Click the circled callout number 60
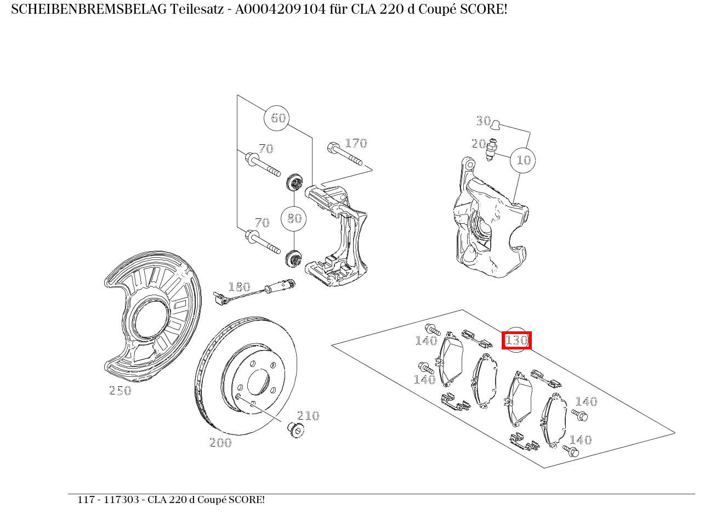click(x=278, y=118)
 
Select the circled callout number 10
click(x=523, y=160)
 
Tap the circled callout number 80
click(x=294, y=218)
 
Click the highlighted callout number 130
click(x=516, y=340)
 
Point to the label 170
click(x=355, y=143)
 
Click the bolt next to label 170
click(x=344, y=154)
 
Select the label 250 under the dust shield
click(x=120, y=391)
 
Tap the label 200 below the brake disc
click(x=220, y=443)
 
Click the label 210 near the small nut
click(x=308, y=416)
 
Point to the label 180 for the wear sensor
click(x=239, y=287)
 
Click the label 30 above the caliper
click(x=483, y=121)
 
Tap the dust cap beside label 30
click(x=496, y=125)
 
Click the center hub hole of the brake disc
click(x=258, y=383)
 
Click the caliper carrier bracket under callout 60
click(x=337, y=236)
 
